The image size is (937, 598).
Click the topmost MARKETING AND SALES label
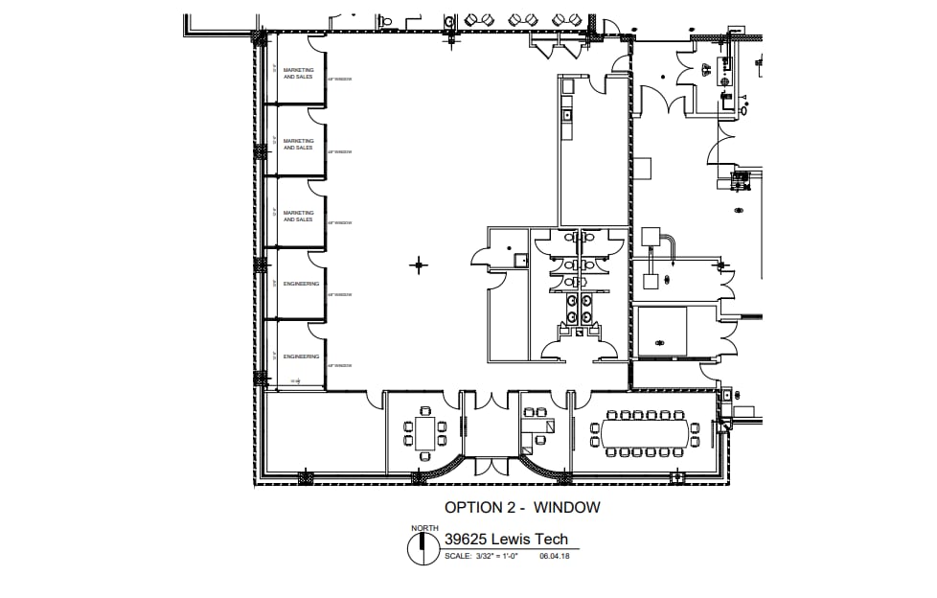tap(298, 73)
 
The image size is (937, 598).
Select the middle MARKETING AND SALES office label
tap(298, 144)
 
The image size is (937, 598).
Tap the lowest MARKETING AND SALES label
tap(298, 216)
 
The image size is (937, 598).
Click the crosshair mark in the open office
tap(418, 264)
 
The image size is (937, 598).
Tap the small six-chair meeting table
tap(424, 433)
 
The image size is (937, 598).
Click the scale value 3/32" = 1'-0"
tap(494, 557)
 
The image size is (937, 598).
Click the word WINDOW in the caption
tap(567, 507)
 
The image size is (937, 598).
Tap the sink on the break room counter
tap(567, 115)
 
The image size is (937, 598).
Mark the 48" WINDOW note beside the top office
tap(339, 80)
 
